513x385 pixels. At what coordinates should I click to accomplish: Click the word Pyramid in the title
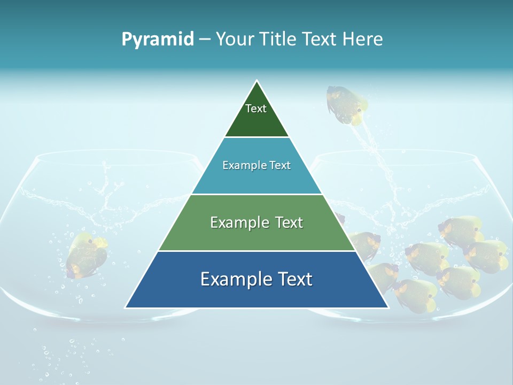(158, 39)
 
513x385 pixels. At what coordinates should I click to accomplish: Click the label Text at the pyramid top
(256, 109)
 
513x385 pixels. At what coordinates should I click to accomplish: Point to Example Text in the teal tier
(256, 165)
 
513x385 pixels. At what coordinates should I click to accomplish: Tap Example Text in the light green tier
(256, 222)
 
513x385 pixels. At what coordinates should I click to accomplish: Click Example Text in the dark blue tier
(256, 279)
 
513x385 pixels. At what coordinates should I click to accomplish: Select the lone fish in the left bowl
(85, 255)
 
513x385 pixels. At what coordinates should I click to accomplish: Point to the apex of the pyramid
(257, 81)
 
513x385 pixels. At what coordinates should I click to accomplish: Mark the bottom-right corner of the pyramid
(387, 307)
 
